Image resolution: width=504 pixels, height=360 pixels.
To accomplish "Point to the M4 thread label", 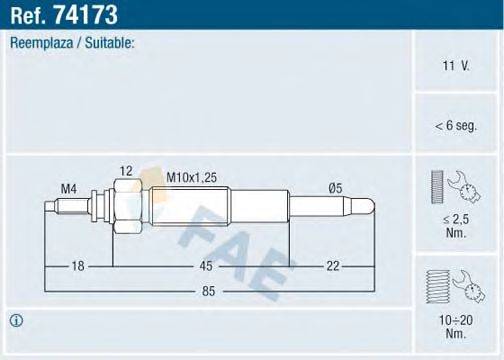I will [x=68, y=187].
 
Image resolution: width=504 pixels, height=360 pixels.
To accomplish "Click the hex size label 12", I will [x=125, y=171].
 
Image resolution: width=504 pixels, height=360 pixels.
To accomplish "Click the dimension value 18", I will [x=79, y=265].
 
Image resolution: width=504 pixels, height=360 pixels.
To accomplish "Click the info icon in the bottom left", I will [x=17, y=320].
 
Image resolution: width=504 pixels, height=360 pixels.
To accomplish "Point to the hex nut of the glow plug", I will [x=123, y=207].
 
